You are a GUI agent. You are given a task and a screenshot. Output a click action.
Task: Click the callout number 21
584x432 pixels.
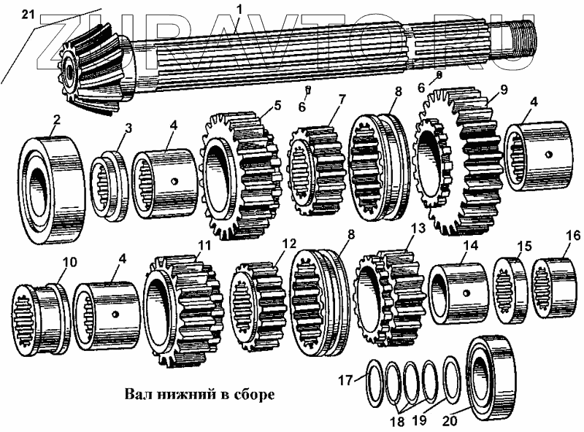pos(27,12)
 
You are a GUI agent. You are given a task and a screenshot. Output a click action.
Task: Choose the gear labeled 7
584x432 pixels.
pos(318,169)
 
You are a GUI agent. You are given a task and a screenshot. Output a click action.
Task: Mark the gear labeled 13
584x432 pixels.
pos(387,299)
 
